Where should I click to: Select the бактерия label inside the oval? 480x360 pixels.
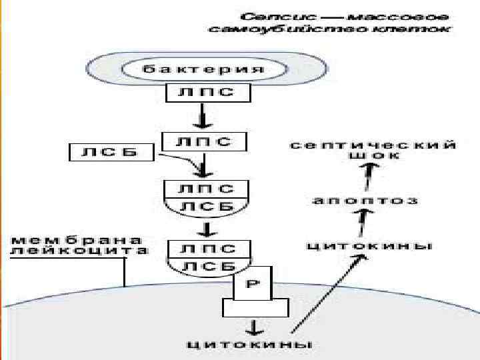click(x=205, y=69)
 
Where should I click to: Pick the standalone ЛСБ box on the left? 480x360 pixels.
click(x=111, y=153)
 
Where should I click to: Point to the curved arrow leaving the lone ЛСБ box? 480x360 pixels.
click(x=179, y=161)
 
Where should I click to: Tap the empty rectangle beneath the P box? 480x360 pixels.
click(x=256, y=307)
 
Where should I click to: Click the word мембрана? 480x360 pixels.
click(x=76, y=239)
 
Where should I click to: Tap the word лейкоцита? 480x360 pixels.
click(x=76, y=251)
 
